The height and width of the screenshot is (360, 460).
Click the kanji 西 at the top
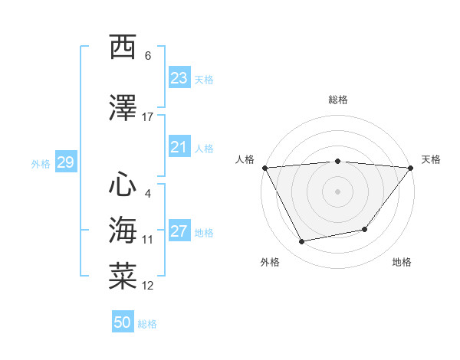pyautogui.click(x=123, y=47)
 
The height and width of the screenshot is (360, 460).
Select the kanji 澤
pyautogui.click(x=123, y=109)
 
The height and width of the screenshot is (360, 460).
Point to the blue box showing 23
pyautogui.click(x=179, y=78)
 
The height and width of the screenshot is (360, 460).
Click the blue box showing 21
pyautogui.click(x=179, y=147)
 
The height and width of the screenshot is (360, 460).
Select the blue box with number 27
pyautogui.click(x=179, y=232)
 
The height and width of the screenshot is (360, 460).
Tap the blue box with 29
pyautogui.click(x=65, y=162)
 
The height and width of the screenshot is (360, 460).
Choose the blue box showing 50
pyautogui.click(x=123, y=322)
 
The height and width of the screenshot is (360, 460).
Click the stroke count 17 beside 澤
pyautogui.click(x=148, y=117)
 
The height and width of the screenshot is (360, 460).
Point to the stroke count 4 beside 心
pyautogui.click(x=147, y=193)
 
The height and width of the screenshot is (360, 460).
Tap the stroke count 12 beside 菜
pyautogui.click(x=148, y=286)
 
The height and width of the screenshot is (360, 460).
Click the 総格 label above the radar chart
pyautogui.click(x=338, y=100)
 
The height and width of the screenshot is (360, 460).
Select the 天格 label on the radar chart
pyautogui.click(x=431, y=159)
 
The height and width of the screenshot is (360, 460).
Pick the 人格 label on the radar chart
pyautogui.click(x=245, y=159)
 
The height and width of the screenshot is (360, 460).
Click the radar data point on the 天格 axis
pyautogui.click(x=411, y=168)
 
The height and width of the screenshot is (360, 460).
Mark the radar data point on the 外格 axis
pyautogui.click(x=302, y=242)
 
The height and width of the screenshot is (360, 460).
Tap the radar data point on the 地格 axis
pyautogui.click(x=365, y=229)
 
